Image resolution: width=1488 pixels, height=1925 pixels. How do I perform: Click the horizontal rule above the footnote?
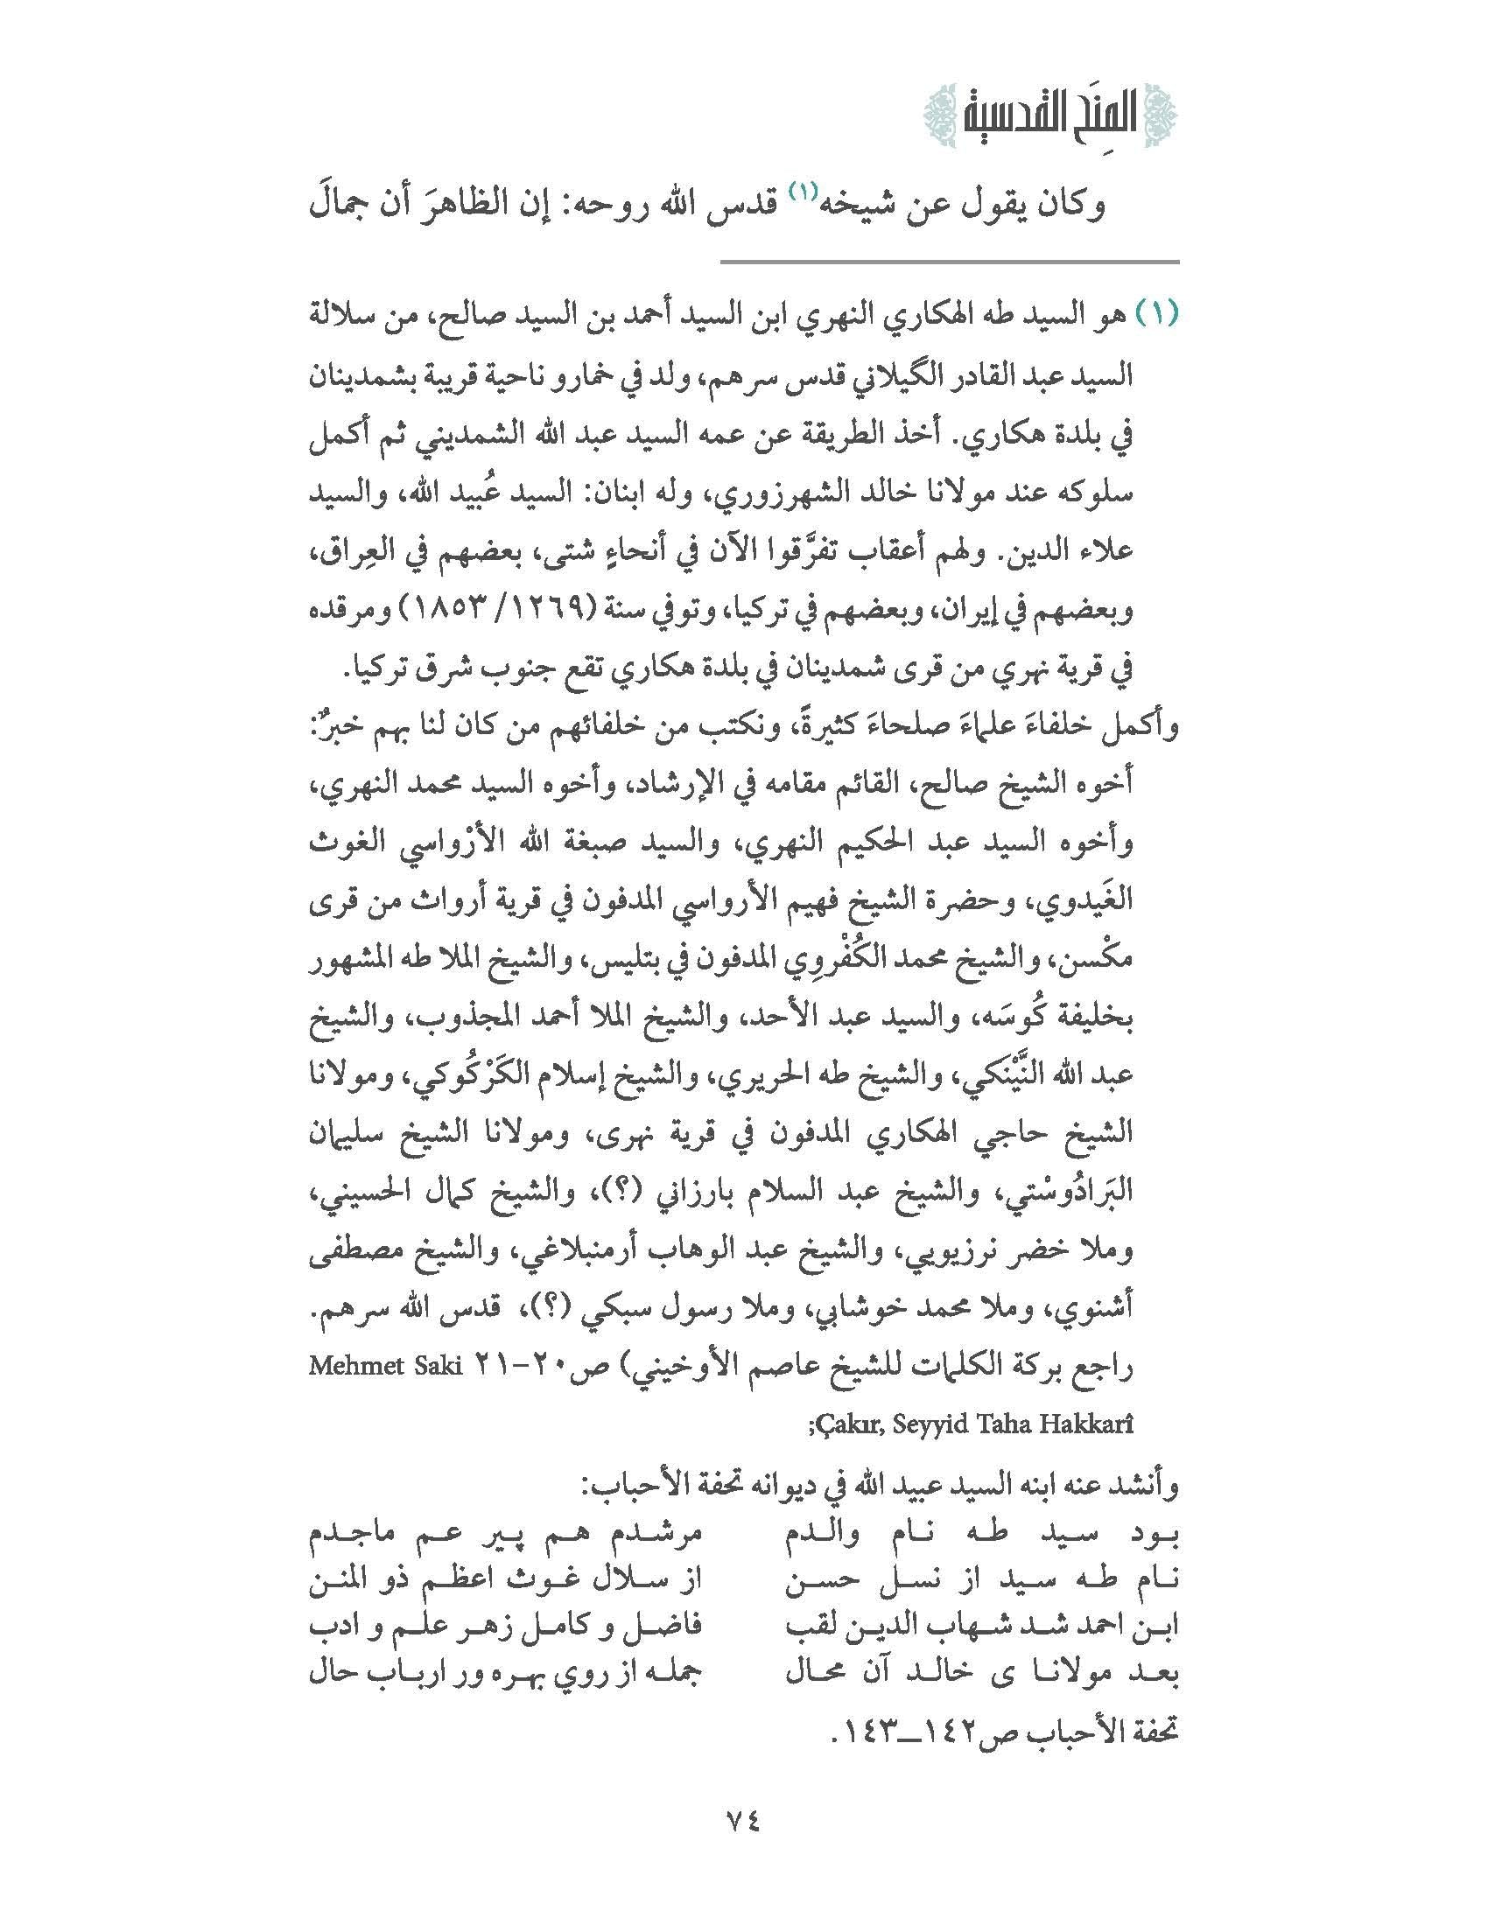pos(951,262)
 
